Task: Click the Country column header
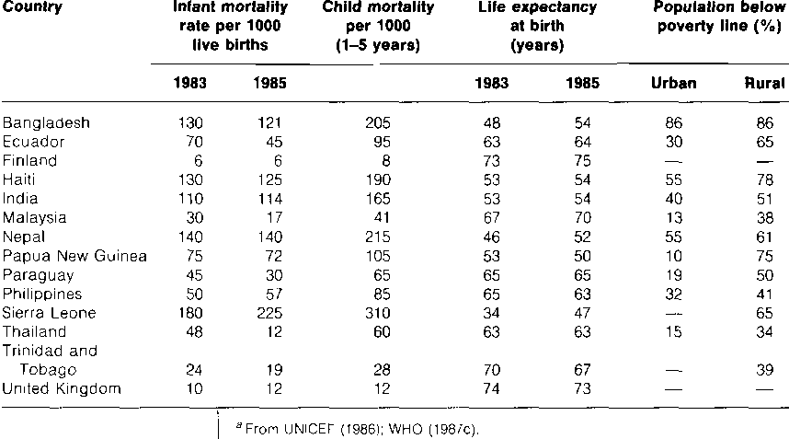click(x=33, y=6)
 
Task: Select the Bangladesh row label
click(x=46, y=122)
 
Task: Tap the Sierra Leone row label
click(x=50, y=313)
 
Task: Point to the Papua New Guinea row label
click(x=74, y=256)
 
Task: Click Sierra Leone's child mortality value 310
click(x=377, y=313)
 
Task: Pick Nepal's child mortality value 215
click(x=377, y=237)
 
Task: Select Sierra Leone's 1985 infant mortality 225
click(x=269, y=313)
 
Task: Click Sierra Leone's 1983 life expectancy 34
click(x=491, y=313)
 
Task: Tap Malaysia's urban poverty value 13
click(x=674, y=218)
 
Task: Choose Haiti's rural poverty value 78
click(x=765, y=179)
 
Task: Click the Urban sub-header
click(x=674, y=83)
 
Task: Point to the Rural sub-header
click(x=765, y=83)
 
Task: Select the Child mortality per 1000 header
click(x=378, y=26)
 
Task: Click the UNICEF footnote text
click(x=358, y=429)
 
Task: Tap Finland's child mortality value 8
click(x=386, y=161)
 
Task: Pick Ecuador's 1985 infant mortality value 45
click(x=274, y=142)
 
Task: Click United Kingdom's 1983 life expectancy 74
click(x=491, y=388)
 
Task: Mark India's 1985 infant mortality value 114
click(x=270, y=199)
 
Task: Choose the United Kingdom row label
click(x=62, y=388)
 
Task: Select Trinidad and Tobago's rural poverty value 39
click(x=765, y=370)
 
